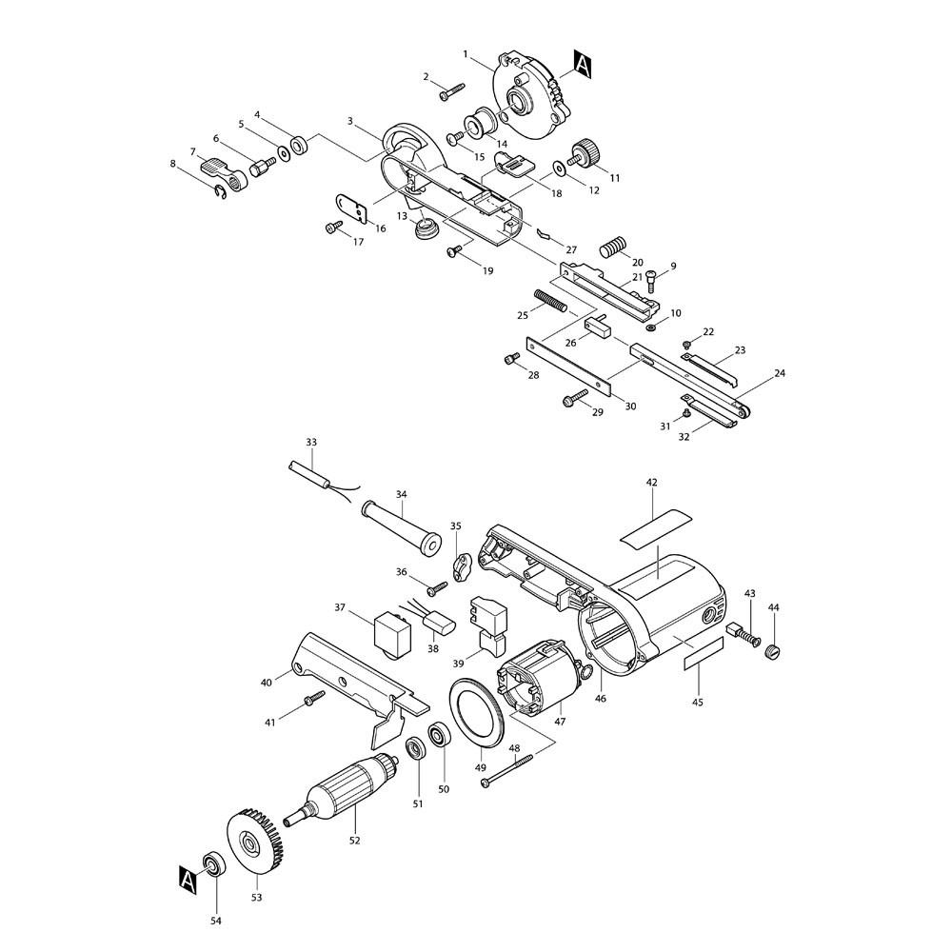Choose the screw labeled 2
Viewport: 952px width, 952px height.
click(451, 91)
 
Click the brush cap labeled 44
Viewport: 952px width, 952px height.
click(773, 650)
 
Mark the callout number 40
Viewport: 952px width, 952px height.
click(266, 682)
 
